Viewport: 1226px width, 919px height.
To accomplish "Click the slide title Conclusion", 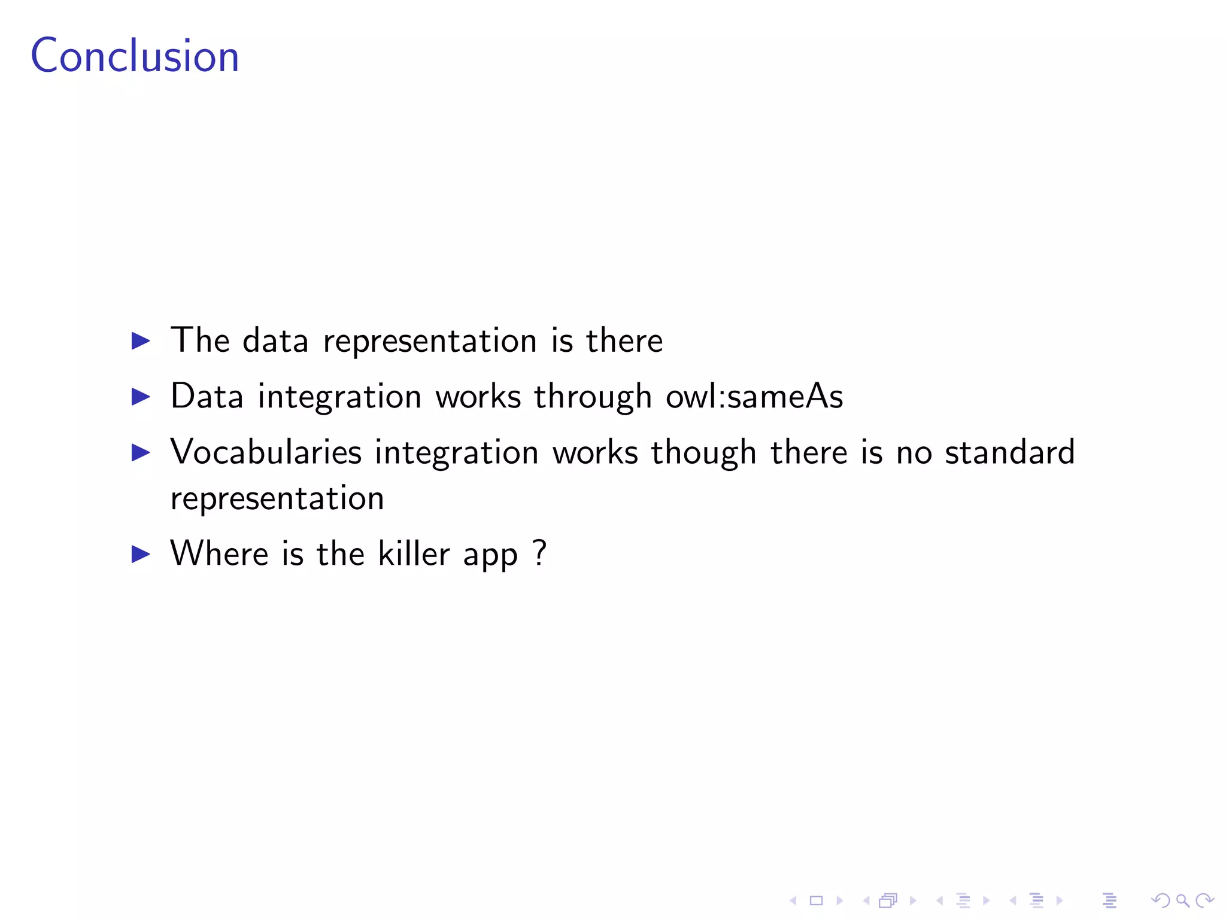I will (x=135, y=56).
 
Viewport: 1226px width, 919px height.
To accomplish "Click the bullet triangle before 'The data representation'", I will (x=141, y=341).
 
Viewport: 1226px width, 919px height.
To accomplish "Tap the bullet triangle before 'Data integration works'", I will (x=141, y=396).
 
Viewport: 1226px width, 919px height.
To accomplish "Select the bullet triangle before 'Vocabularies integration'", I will (x=141, y=452).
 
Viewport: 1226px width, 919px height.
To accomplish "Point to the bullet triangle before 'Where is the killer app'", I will (x=141, y=554).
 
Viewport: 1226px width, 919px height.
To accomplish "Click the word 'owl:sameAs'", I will (x=754, y=396).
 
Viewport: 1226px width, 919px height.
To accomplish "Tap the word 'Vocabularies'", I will (x=266, y=452).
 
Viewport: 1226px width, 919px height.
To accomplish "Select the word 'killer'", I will (x=414, y=553).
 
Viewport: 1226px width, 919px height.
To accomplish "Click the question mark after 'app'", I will (x=539, y=552).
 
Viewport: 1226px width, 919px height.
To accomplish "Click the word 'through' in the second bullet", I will (x=593, y=397).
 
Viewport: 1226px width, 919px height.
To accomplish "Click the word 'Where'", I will (x=219, y=553).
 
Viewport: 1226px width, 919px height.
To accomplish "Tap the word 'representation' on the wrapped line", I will (x=277, y=499).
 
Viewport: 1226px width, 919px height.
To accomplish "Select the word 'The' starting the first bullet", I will (x=200, y=340).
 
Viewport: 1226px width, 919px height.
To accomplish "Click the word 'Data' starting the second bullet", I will (x=207, y=396).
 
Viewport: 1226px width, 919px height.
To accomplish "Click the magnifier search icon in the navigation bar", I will (x=1182, y=900).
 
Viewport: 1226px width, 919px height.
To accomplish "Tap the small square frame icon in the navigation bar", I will (x=817, y=900).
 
